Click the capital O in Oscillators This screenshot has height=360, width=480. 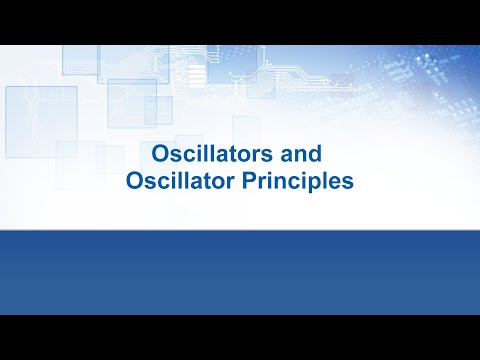point(158,156)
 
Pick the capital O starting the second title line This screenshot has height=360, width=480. point(134,182)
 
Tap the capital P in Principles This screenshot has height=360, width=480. point(251,182)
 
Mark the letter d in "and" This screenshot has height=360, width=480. point(323,156)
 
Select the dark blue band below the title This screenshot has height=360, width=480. point(240,270)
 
